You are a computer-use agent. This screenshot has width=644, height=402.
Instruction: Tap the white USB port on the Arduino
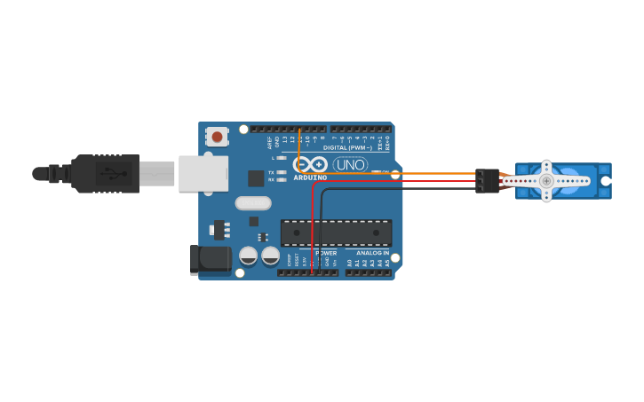point(203,174)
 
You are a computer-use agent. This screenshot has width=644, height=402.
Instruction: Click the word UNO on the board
point(350,164)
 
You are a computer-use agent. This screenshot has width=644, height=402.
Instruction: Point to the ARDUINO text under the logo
point(310,177)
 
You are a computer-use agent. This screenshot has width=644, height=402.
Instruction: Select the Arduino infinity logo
point(310,164)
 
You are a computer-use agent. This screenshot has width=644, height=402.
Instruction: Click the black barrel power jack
point(211,260)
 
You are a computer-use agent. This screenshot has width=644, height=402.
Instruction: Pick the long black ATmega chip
point(336,233)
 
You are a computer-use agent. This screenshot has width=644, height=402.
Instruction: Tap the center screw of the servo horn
point(546,181)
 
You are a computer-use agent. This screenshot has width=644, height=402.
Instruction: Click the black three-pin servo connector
point(487,181)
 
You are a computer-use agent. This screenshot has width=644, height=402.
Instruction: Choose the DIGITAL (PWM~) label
point(347,147)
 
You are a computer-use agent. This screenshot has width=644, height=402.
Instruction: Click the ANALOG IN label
point(373,253)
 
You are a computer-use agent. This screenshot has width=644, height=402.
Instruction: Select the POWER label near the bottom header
point(326,253)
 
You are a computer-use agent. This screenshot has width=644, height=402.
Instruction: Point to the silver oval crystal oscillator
point(253,202)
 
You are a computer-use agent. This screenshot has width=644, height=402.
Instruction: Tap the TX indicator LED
point(282,172)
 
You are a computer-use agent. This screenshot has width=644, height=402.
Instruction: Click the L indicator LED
point(282,158)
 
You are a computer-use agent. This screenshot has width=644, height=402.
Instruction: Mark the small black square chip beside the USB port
point(256,177)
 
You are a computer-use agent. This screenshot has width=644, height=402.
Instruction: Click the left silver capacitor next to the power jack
point(249,256)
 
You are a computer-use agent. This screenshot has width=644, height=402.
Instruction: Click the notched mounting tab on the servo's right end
point(605,181)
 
